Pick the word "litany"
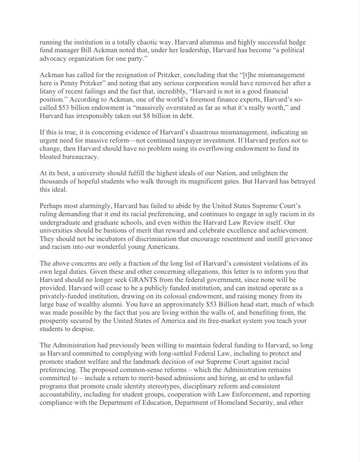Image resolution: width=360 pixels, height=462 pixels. click(x=48, y=91)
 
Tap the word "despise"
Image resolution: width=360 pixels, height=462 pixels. click(x=83, y=329)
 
